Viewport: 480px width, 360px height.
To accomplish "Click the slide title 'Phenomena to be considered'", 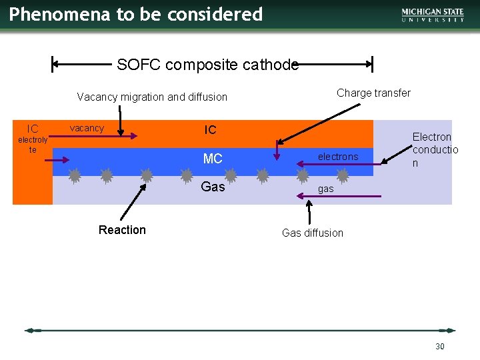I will [136, 14].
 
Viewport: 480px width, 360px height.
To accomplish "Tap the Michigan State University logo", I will [433, 15].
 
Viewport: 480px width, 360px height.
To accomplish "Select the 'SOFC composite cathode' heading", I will [207, 65].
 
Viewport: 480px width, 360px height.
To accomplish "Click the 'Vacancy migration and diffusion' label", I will [152, 97].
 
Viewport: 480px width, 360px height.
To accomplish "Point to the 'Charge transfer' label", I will [373, 93].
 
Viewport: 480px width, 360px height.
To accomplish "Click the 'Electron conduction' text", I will [435, 149].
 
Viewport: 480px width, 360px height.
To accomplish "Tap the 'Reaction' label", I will [122, 230].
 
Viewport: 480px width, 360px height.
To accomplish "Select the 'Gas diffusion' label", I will [313, 233].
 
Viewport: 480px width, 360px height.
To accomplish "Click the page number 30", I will [439, 346].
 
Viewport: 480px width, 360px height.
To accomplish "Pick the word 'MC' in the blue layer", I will [213, 159].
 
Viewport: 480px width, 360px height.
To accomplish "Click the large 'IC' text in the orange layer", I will [210, 130].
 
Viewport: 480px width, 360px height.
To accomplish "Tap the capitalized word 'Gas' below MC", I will [213, 187].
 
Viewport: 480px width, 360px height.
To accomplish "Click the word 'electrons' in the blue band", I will [338, 157].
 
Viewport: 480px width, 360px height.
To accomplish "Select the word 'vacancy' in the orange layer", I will [87, 128].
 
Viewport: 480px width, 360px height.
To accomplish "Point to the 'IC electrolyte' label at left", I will [33, 137].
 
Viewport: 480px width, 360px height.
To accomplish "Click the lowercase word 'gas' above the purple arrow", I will [325, 189].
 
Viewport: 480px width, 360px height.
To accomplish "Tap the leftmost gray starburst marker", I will [75, 176].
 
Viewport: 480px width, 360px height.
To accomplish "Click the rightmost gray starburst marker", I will [343, 176].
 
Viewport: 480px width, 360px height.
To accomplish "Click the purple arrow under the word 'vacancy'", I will [104, 136].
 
